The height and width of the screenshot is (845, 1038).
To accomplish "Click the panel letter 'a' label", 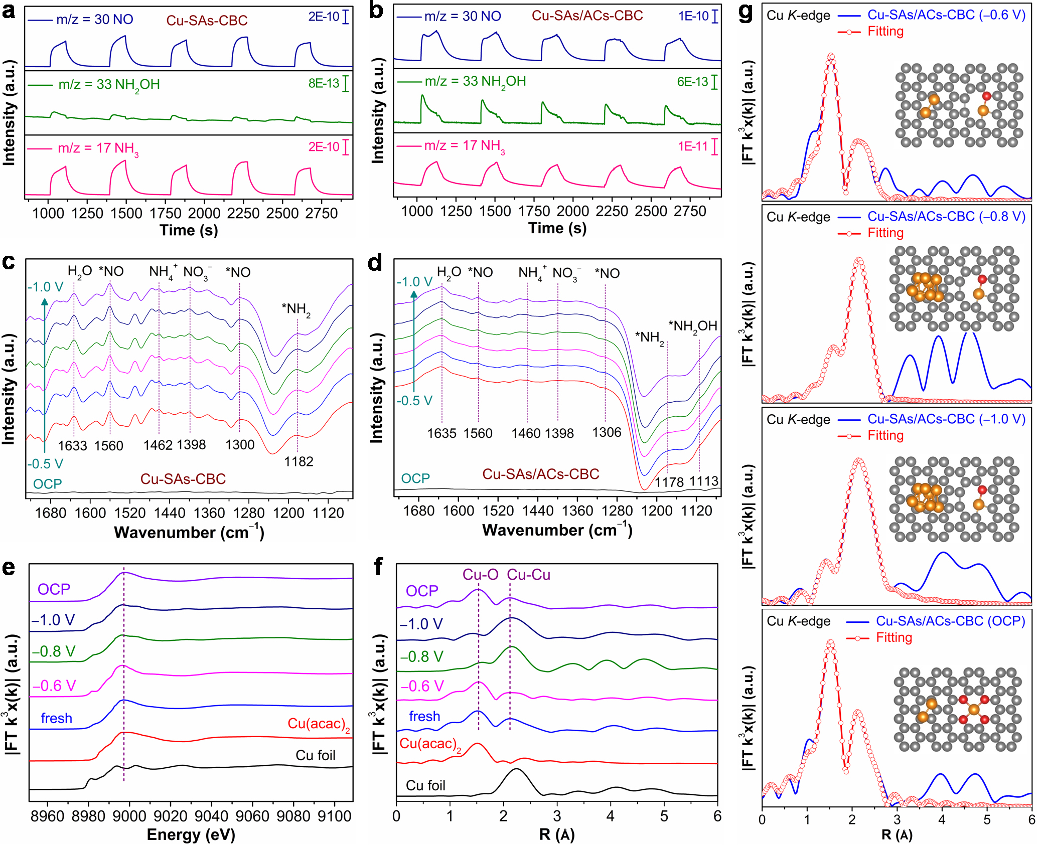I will click(9, 11).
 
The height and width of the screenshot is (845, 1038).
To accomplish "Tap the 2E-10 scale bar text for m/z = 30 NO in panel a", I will click(324, 17).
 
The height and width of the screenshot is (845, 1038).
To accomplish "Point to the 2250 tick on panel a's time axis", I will click(243, 213).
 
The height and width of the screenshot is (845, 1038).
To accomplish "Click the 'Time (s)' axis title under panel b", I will click(557, 228).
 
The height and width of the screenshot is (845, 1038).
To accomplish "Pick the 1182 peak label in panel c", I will click(299, 461).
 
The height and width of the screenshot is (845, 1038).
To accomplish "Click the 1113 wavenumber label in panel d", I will click(703, 481).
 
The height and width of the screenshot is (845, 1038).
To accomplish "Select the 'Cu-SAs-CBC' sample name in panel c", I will click(183, 479).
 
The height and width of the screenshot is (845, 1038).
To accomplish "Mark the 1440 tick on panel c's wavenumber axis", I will click(170, 513).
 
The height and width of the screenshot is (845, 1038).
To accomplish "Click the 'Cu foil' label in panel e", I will click(315, 755).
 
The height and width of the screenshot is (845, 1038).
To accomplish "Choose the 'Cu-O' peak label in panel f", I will click(480, 575).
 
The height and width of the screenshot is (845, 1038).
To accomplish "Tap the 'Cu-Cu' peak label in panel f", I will click(528, 575).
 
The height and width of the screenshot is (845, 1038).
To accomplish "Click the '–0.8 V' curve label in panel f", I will click(421, 656).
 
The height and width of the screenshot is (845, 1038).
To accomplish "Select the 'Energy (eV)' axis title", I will click(191, 834).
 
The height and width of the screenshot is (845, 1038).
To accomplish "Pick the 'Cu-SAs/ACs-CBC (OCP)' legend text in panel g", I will click(951, 621).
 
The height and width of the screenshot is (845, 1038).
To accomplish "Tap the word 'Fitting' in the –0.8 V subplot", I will click(885, 233).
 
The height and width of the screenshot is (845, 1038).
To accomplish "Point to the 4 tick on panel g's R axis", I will click(942, 819).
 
